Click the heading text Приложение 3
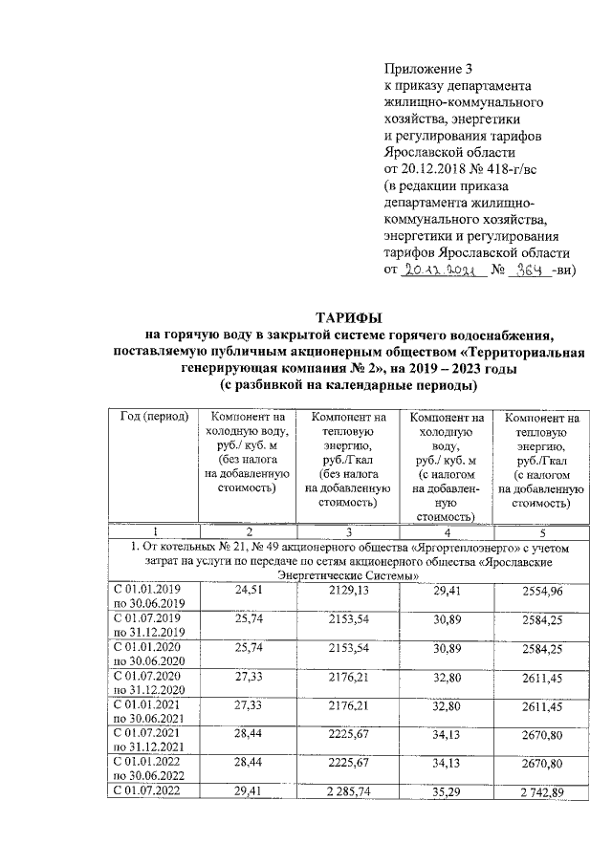[427, 68]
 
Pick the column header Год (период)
[153, 418]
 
